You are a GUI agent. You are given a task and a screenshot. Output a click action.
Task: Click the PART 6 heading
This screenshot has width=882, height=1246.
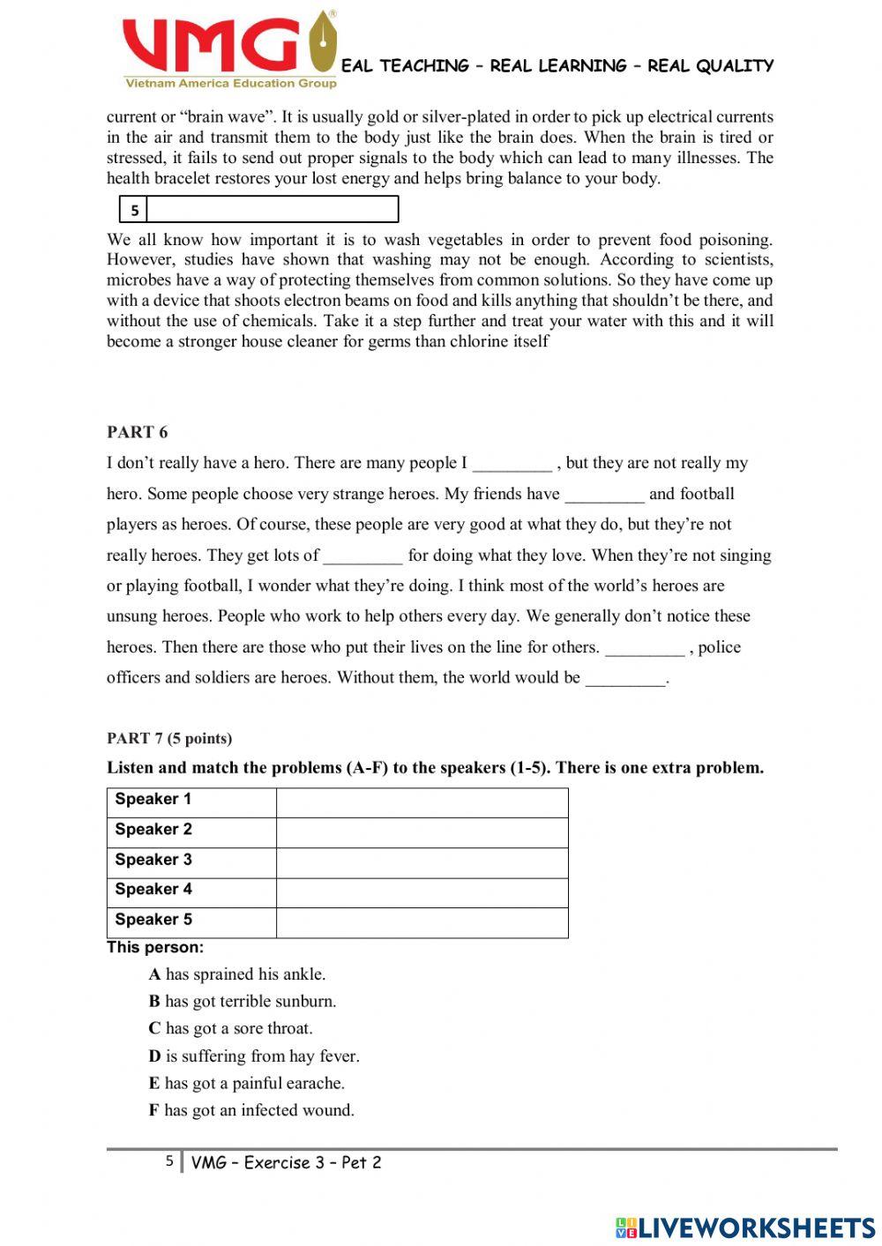(137, 432)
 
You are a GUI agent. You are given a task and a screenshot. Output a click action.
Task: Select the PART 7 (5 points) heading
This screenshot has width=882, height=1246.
(169, 738)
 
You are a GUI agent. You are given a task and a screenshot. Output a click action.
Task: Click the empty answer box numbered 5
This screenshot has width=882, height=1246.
(272, 210)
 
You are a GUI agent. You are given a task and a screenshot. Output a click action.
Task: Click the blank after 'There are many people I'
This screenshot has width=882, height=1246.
(512, 464)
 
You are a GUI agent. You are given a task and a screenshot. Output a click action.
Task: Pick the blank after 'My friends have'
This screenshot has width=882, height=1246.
(604, 495)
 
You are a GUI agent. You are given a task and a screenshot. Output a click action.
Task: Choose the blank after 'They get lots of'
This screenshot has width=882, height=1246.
(363, 556)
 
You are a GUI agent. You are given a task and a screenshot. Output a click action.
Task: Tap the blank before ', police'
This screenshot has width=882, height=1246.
(644, 648)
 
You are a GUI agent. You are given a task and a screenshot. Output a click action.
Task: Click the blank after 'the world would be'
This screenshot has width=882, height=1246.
(624, 679)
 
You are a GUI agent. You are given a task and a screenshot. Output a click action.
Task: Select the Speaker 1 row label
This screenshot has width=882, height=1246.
(153, 800)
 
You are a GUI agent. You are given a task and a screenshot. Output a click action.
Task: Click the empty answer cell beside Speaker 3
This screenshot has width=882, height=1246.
(422, 862)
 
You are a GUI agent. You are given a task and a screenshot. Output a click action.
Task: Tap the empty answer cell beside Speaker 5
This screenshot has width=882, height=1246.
(422, 922)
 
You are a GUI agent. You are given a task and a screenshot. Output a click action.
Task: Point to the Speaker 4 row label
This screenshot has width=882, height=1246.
(153, 890)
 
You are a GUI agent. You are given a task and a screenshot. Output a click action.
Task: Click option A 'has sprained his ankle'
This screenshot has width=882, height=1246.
(236, 974)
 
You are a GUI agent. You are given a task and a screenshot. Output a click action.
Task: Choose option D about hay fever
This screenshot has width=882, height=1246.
(253, 1056)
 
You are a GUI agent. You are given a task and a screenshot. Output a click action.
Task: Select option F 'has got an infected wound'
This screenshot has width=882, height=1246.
(250, 1110)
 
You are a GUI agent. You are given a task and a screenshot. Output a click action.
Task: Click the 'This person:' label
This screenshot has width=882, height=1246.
(155, 948)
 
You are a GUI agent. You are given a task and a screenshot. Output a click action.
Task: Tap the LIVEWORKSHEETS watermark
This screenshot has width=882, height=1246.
(745, 1227)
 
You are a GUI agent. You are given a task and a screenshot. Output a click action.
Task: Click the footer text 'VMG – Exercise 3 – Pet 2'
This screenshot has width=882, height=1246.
(286, 1162)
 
